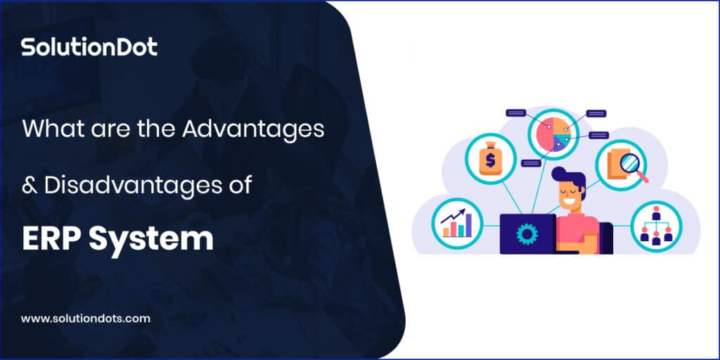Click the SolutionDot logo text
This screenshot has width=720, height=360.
(x=89, y=47)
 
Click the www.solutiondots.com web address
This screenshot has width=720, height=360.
(x=86, y=319)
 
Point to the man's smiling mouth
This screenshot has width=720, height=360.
(x=567, y=201)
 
